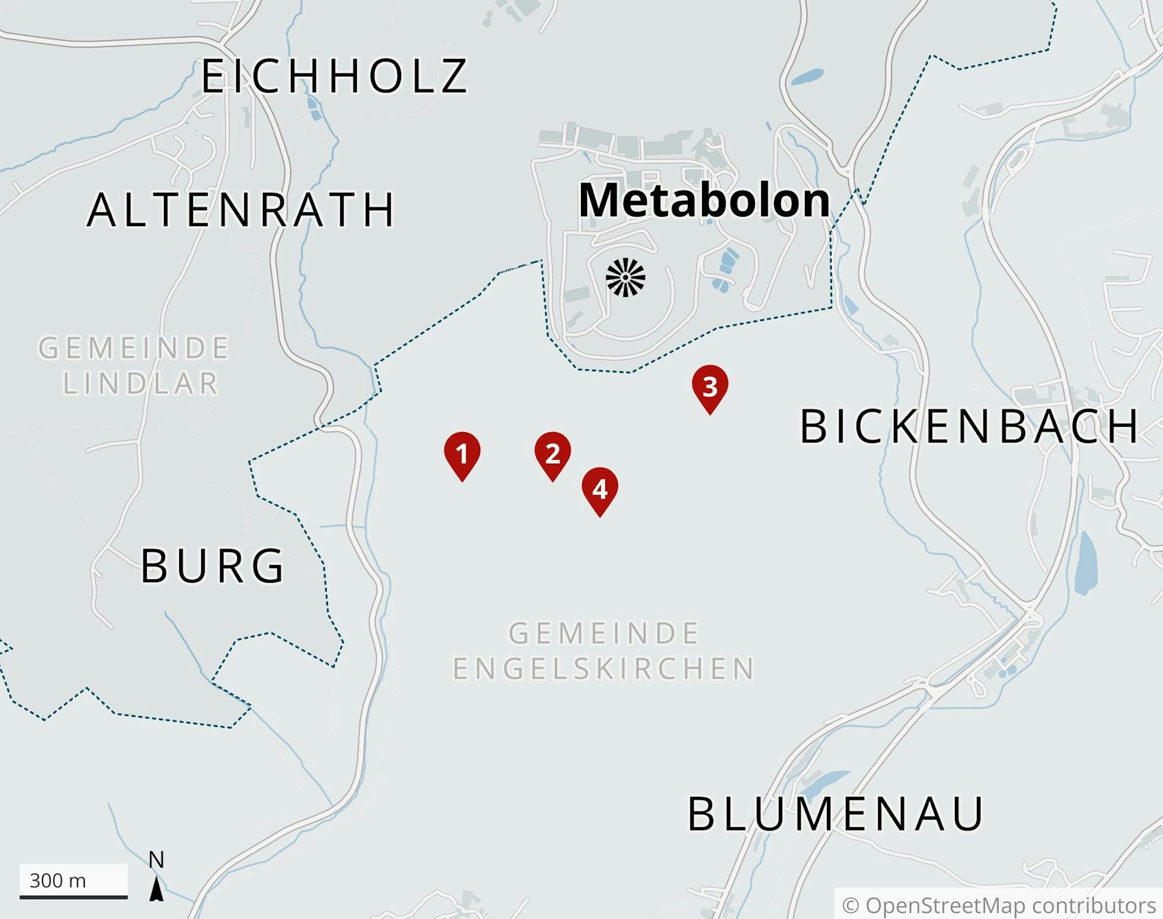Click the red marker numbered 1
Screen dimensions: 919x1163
point(462,454)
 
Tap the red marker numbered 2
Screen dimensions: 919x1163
point(552,454)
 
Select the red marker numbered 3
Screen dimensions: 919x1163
point(709,387)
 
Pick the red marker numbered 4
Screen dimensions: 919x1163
point(600,489)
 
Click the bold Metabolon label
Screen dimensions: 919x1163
point(704,201)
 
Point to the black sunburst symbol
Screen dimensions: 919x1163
point(626,277)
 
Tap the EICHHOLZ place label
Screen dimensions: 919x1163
point(334,76)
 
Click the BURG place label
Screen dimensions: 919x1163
point(213,566)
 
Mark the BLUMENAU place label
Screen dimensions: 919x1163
point(836,814)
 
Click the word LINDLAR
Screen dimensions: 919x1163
point(141,384)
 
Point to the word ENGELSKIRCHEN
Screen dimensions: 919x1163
point(604,668)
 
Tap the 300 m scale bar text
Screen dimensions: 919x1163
point(58,881)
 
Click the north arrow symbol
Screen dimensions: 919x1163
point(156,890)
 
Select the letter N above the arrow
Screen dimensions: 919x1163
point(156,860)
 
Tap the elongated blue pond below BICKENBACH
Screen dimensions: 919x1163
point(1085,562)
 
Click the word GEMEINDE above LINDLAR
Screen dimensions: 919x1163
point(134,348)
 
